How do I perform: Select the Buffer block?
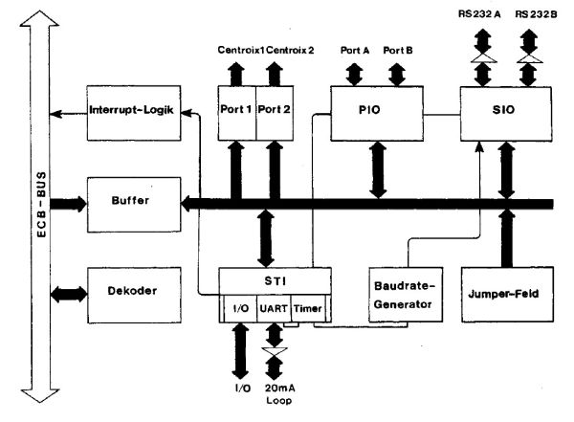point(130,203)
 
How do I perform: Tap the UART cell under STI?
point(274,310)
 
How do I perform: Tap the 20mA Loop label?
point(276,396)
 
